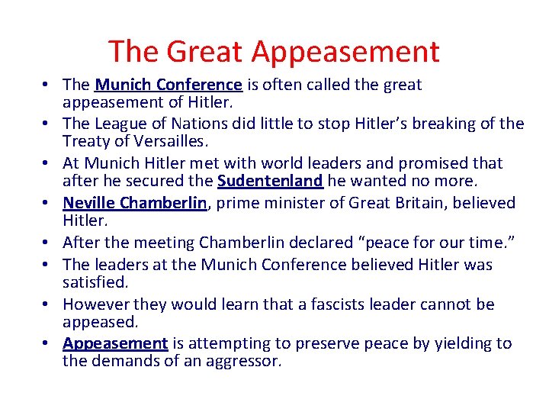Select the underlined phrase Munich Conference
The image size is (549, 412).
tap(169, 85)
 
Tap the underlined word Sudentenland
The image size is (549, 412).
tap(271, 181)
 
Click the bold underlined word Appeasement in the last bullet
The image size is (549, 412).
tap(115, 343)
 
